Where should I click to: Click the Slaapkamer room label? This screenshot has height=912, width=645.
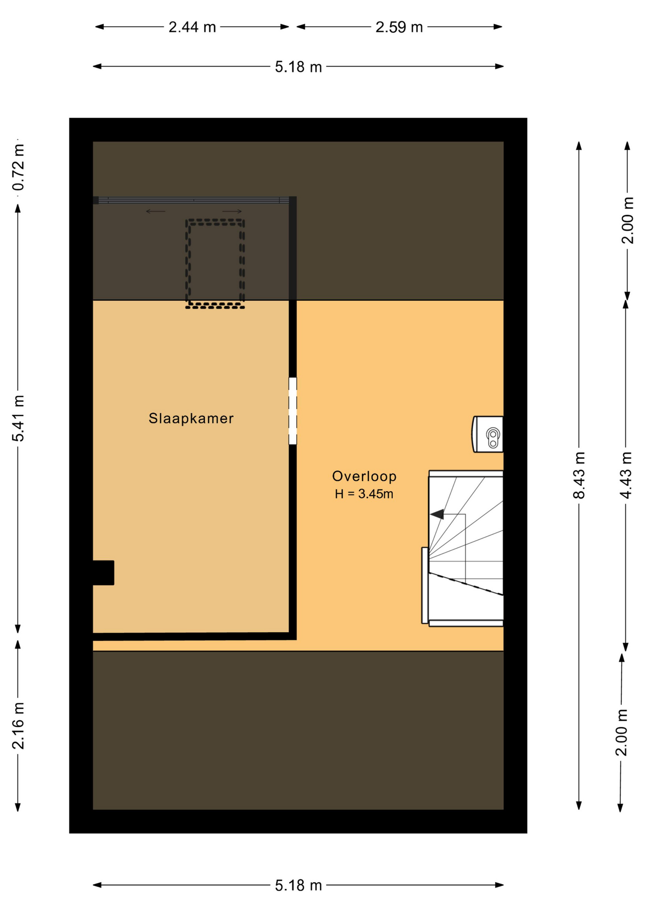coord(191,418)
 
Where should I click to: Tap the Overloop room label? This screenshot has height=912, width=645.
coord(364,476)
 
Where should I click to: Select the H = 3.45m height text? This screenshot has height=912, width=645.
coord(364,494)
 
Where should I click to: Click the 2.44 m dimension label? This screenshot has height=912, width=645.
coord(192,27)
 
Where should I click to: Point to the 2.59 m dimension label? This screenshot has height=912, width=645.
coord(399,27)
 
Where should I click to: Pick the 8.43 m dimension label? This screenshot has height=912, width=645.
coord(579,475)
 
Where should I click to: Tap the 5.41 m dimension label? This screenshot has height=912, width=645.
coord(18,418)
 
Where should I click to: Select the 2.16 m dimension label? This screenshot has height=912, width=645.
coord(18,726)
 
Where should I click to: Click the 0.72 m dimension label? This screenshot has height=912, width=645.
coord(18,168)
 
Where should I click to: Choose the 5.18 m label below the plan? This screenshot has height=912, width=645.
coord(298,885)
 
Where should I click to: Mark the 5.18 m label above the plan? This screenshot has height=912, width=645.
coord(298,67)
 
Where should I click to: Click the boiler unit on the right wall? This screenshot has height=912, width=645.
coord(488,434)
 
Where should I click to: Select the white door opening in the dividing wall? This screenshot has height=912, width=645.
coord(293,411)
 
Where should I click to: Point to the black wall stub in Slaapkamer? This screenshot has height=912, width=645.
coord(104,572)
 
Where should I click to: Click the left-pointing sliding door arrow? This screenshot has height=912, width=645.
coord(155,211)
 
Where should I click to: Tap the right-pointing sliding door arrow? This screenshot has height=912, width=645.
coord(232,211)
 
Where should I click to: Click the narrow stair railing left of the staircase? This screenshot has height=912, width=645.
coord(425,585)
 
